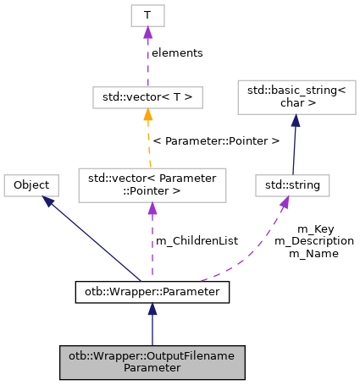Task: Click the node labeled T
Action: tap(147, 15)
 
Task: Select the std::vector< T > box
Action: tap(147, 97)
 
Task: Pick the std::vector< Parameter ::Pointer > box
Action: tap(152, 184)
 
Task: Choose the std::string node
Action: tap(291, 184)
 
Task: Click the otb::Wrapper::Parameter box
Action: tap(152, 292)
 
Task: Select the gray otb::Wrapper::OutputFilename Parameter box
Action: tap(152, 361)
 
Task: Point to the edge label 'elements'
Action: tap(177, 52)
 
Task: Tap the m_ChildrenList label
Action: tap(197, 241)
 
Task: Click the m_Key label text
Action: tap(314, 229)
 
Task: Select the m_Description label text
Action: tap(314, 241)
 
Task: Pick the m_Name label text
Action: tap(314, 253)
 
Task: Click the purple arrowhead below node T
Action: tap(147, 33)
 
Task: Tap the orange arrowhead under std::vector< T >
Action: tap(147, 115)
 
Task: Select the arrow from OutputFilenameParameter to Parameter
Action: tap(152, 326)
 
